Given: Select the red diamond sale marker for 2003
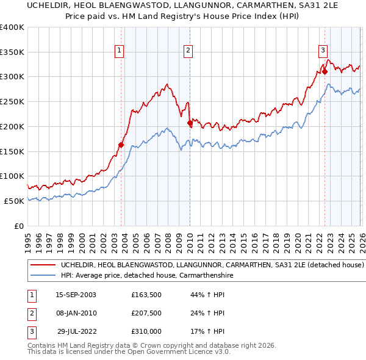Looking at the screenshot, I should pyautogui.click(x=121, y=145).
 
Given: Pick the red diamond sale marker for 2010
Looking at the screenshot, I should pyautogui.click(x=190, y=123).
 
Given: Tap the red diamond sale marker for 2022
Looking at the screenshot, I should pyautogui.click(x=325, y=72).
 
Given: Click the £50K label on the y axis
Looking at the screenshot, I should pyautogui.click(x=14, y=201).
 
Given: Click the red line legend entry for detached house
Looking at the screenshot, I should pyautogui.click(x=212, y=265).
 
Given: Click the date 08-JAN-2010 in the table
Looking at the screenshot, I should pyautogui.click(x=76, y=313).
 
